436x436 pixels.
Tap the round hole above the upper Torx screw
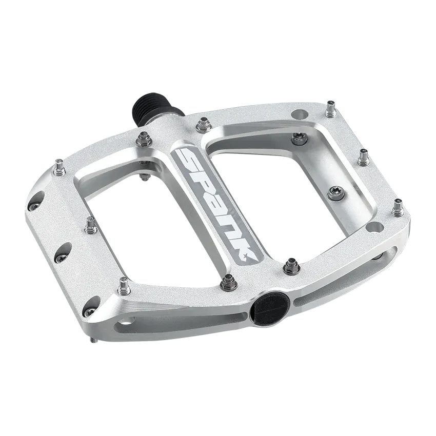[299, 114]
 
